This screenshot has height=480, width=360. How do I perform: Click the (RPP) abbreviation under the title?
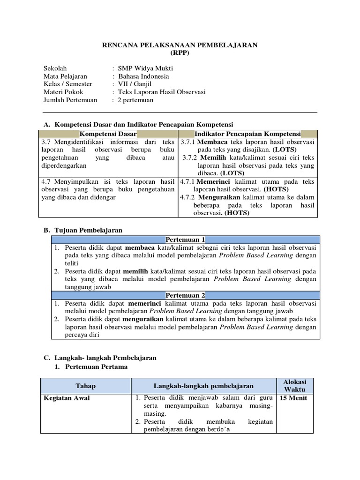(180, 53)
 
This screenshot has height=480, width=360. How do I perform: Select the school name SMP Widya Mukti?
(145, 68)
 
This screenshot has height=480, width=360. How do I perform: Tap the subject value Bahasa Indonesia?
(143, 76)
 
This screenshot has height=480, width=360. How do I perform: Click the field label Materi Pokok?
(63, 92)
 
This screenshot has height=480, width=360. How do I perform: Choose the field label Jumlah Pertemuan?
(70, 100)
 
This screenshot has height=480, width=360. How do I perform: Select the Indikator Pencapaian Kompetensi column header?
(248, 134)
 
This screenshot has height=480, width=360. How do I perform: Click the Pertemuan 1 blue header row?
(186, 240)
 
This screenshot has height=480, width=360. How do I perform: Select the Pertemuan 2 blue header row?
(186, 295)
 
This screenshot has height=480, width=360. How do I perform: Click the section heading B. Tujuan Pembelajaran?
(83, 230)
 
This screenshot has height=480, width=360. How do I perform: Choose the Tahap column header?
(85, 386)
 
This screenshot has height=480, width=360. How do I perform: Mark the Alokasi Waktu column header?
(294, 386)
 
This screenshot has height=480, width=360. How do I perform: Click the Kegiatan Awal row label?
(67, 398)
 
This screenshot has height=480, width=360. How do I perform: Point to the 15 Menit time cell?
(294, 398)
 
